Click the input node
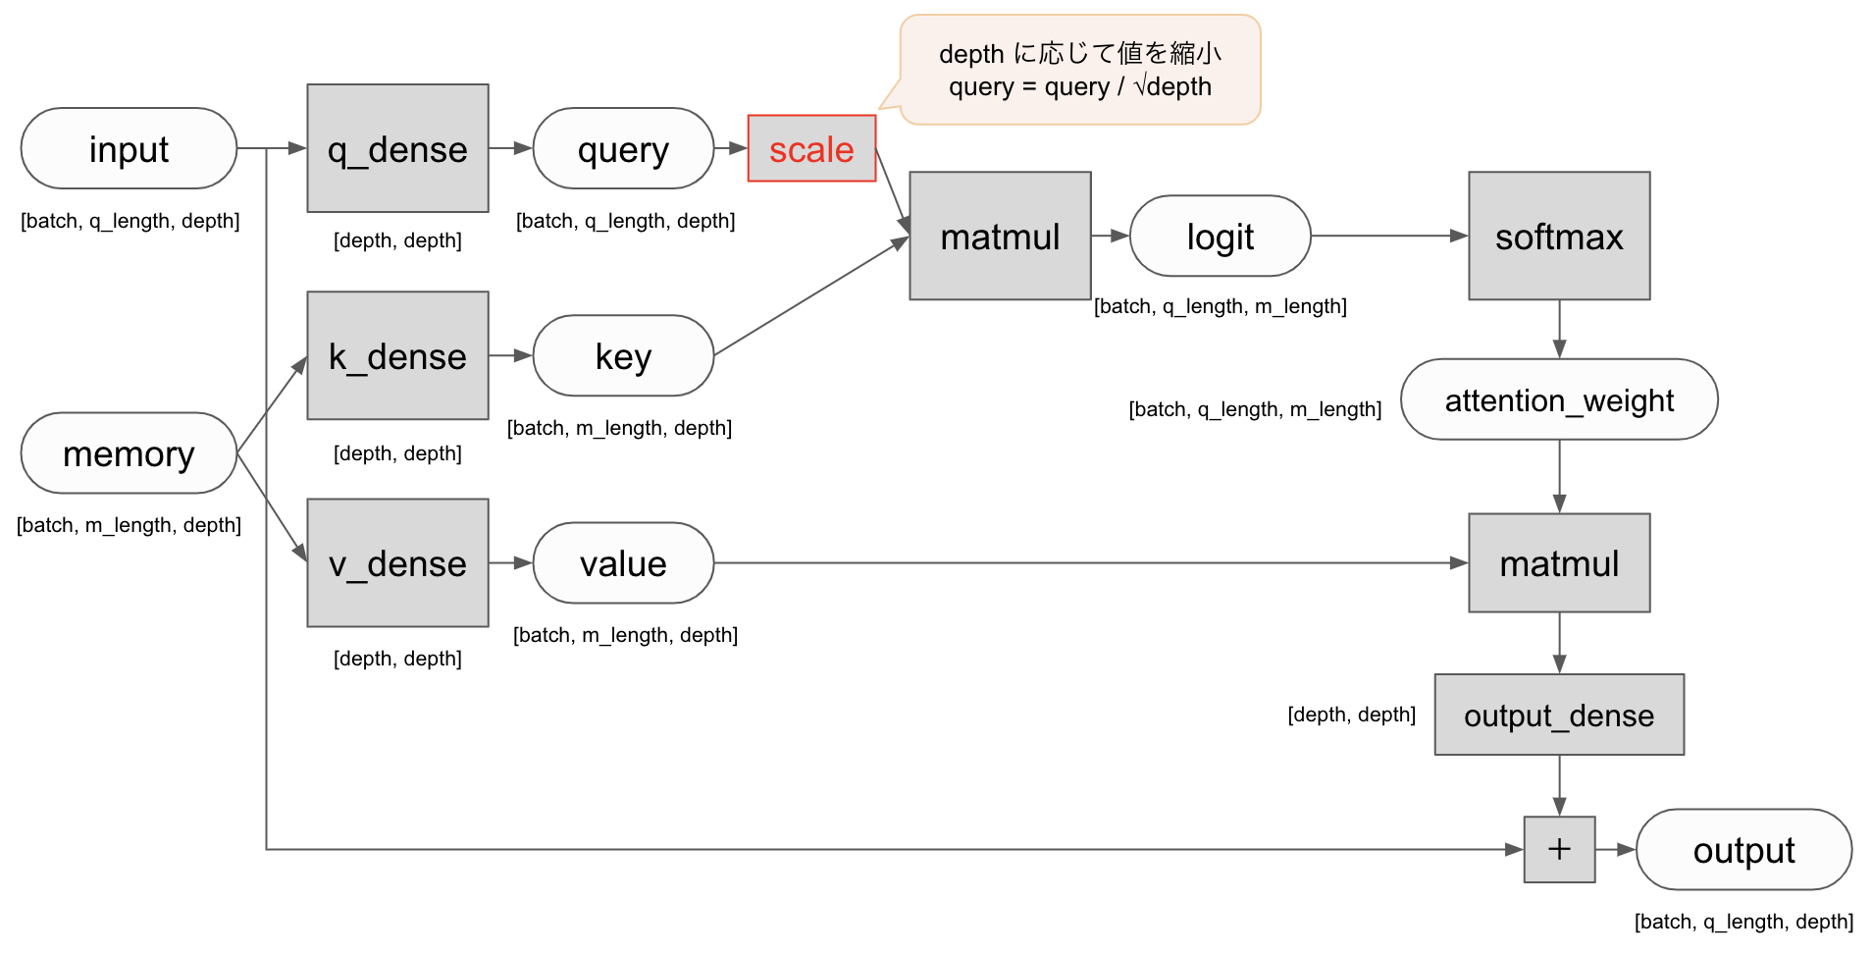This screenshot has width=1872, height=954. coord(129,149)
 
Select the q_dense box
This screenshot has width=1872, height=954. coord(397,148)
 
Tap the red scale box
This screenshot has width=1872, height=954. coord(811,149)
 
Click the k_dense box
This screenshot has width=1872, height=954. coord(397,355)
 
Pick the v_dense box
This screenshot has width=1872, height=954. coord(397,563)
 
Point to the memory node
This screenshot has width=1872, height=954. coord(129,453)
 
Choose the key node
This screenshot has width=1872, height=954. coord(623,356)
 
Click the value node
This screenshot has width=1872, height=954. coord(623,563)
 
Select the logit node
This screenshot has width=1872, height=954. coord(1220,237)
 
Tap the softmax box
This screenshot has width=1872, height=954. coord(1559,237)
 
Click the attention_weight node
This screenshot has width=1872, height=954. coord(1559,399)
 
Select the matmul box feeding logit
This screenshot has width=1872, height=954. coord(1000,237)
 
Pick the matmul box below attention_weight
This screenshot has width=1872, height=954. coord(1559,563)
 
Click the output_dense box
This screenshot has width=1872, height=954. coord(1559,715)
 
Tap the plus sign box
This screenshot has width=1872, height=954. coord(1559,850)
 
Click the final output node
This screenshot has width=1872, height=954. coord(1743,850)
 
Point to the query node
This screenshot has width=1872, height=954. coord(623,149)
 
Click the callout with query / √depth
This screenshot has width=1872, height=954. coord(1080,71)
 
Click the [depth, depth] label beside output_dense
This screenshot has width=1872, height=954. coord(1351,715)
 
